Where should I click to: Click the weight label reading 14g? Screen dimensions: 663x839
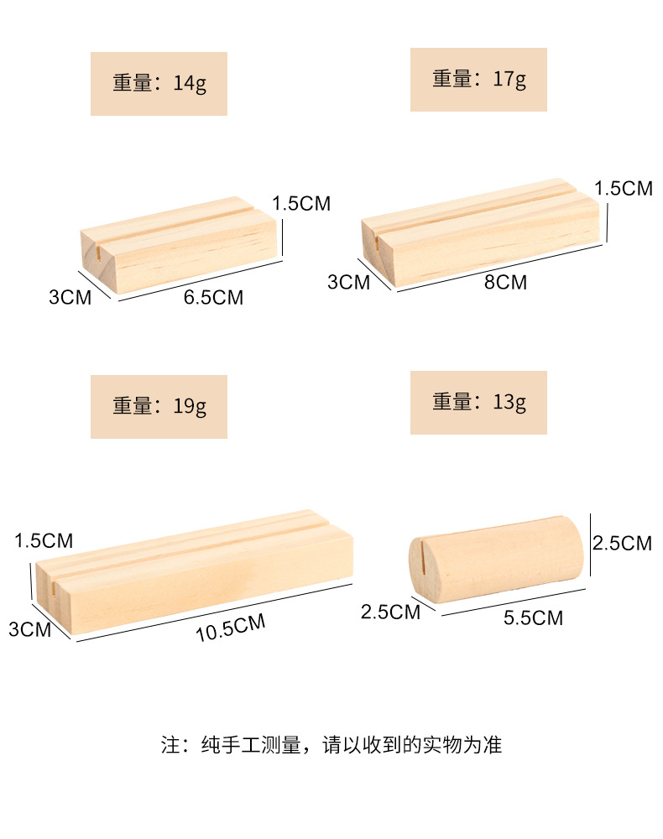point(159,84)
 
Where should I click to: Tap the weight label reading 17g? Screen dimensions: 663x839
point(478,80)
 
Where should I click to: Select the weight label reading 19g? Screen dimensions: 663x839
point(159,406)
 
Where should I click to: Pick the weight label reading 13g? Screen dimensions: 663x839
point(478,402)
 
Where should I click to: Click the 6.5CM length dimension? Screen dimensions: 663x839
point(213,297)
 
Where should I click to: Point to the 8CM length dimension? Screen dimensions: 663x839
point(506,283)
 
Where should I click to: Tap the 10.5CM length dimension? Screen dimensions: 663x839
point(231,628)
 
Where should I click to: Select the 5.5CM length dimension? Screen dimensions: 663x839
point(533,618)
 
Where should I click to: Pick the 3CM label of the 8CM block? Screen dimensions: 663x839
point(348,282)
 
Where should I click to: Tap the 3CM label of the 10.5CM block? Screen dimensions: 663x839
point(30,628)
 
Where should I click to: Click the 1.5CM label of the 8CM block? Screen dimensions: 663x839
point(624,188)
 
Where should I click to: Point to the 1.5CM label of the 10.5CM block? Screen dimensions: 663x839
point(44,540)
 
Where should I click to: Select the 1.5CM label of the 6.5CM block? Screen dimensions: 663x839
point(301,203)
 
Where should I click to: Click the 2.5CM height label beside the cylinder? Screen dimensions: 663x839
point(622,543)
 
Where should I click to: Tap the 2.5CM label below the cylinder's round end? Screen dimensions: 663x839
point(390,612)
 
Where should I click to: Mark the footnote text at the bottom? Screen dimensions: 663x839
point(331,744)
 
